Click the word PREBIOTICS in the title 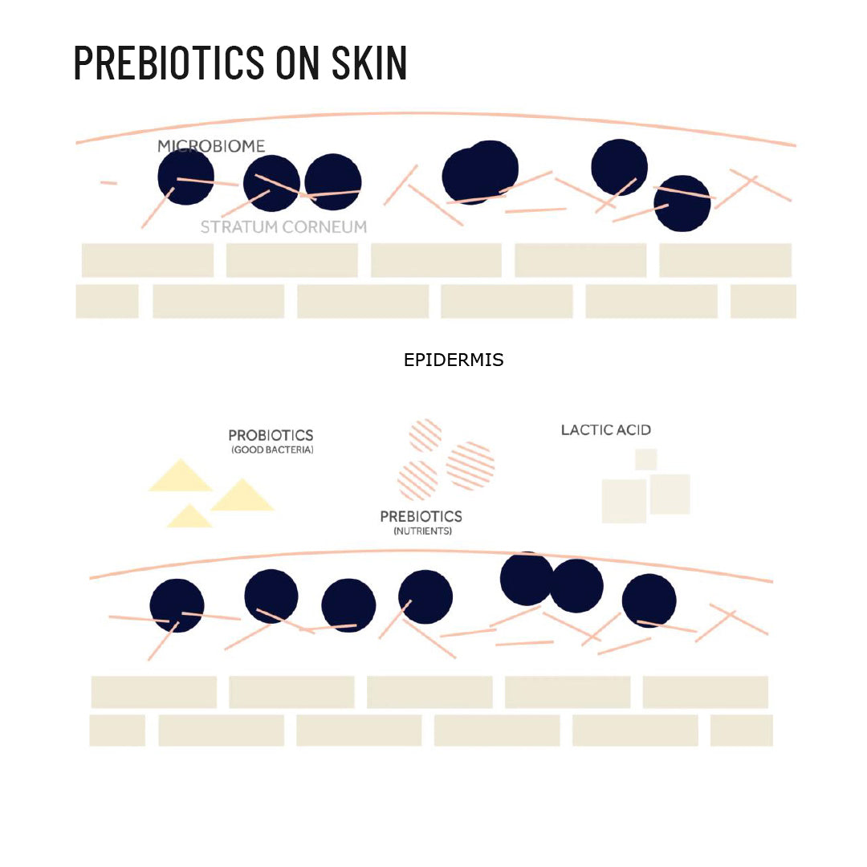(169, 63)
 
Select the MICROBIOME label (211, 146)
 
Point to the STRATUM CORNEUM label (283, 227)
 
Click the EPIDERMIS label (454, 360)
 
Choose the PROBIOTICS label (271, 435)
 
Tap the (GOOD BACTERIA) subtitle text (272, 450)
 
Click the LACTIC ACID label (606, 430)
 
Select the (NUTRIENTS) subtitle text (422, 531)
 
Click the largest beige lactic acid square (624, 502)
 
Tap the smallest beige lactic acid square (645, 459)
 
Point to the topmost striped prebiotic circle (425, 435)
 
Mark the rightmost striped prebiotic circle (470, 465)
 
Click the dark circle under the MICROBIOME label (185, 177)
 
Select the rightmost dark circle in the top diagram (682, 203)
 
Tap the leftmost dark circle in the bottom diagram (177, 605)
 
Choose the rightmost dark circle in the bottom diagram (649, 601)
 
